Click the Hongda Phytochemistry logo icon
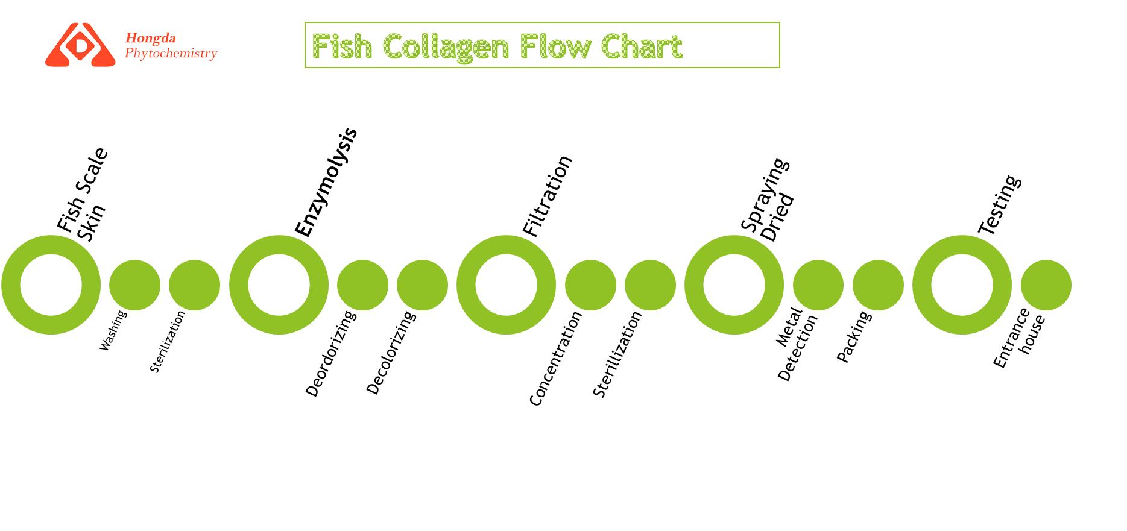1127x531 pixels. pos(80,45)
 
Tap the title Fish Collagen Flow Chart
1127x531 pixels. pos(497,46)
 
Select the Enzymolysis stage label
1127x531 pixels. pos(326,183)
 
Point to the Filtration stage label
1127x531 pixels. pos(547,196)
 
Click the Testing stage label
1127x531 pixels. pos(999,205)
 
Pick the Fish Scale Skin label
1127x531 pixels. pos(83,194)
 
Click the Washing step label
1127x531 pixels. pos(113,330)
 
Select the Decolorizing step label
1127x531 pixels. pos(391,353)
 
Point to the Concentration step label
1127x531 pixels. pos(555,358)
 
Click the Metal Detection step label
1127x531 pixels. pos(797,344)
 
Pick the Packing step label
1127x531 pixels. pos(854,336)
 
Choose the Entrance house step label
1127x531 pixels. pos(1019,338)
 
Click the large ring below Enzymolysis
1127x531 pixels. pos(279,285)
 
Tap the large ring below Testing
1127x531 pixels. pos(962,285)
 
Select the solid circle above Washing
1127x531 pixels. pos(134,285)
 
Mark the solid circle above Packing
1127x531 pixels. pos(878,285)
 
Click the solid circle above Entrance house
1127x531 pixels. pos(1046,285)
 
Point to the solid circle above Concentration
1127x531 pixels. pos(590,285)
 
